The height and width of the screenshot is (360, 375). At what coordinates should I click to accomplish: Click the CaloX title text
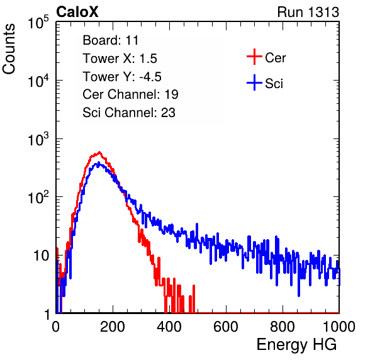77,12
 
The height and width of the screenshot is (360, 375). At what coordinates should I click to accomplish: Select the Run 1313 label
308,12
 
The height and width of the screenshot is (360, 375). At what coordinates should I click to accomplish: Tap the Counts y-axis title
9,49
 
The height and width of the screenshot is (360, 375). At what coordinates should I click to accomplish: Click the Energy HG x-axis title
296,345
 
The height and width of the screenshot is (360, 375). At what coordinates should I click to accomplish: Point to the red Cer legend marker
254,57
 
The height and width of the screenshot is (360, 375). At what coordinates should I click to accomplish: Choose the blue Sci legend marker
254,82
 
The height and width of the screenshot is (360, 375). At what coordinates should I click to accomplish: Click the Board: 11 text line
111,40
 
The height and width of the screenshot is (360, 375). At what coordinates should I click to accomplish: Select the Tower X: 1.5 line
120,59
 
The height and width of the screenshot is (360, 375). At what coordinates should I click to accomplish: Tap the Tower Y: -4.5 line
122,77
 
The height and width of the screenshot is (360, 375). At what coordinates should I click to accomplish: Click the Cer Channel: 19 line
130,94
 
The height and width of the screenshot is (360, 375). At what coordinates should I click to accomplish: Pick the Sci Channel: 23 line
129,113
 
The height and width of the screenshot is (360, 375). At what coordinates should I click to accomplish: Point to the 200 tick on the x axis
113,327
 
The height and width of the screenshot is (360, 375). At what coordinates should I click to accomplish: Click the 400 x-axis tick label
169,327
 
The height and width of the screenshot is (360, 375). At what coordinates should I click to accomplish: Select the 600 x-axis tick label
226,327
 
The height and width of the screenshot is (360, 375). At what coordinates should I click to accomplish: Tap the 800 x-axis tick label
283,327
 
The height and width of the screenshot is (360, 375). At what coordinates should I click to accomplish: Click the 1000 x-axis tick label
339,327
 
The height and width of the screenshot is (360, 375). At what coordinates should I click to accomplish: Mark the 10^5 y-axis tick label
38,23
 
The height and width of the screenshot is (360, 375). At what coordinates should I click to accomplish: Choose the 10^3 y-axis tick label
38,140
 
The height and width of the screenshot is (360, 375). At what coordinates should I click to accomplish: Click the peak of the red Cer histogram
99,152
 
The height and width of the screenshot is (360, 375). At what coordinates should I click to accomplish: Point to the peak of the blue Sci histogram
99,163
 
